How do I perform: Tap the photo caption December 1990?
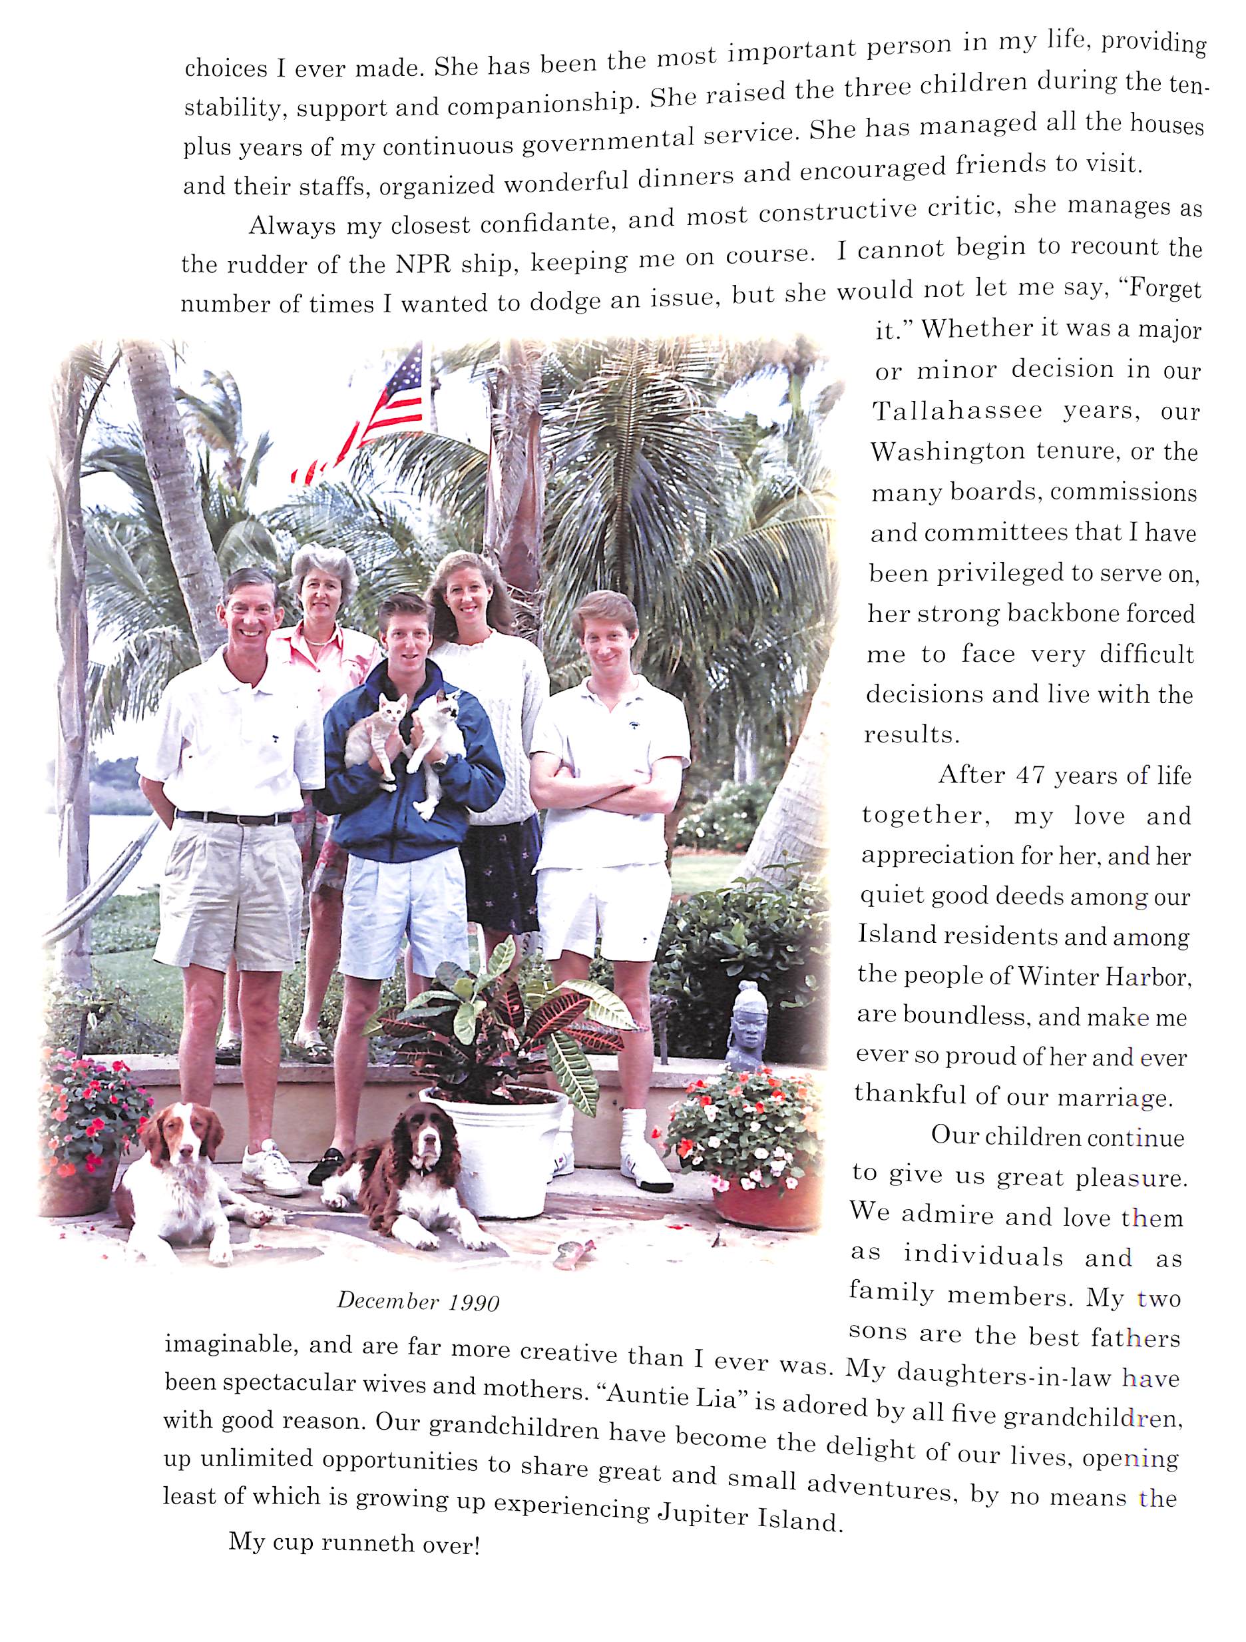[418, 1301]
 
